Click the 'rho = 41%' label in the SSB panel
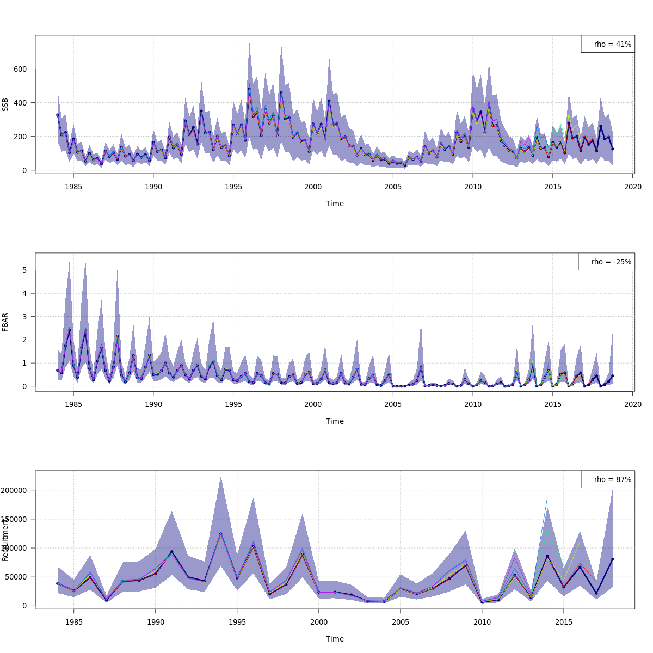[x=613, y=45]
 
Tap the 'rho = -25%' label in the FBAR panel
[x=611, y=262]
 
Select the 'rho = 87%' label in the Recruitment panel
[x=613, y=480]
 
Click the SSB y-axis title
[x=5, y=104]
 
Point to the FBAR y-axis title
[x=5, y=322]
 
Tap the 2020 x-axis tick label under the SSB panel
[x=632, y=187]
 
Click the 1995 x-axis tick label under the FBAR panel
[x=233, y=404]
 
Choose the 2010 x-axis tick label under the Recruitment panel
[x=482, y=622]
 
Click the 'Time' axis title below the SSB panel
[x=335, y=204]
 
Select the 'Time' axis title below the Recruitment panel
[x=335, y=639]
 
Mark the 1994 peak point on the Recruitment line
[x=220, y=534]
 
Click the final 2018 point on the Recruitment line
[x=612, y=559]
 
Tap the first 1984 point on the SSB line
[x=58, y=115]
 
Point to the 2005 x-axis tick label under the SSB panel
[x=393, y=187]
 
